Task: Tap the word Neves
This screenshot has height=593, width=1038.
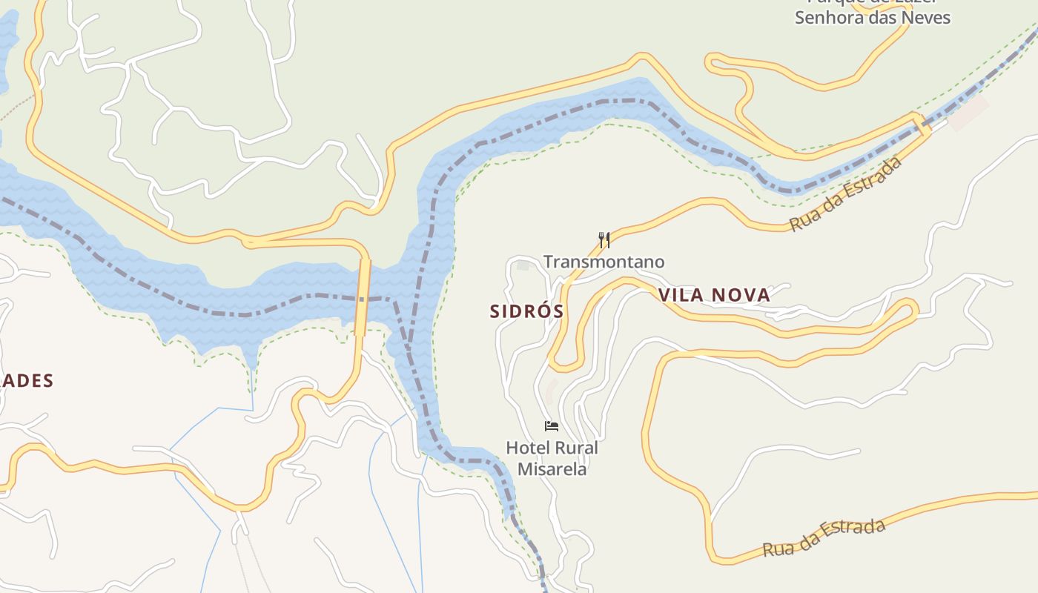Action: pos(927,17)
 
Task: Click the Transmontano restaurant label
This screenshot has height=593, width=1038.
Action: pos(604,262)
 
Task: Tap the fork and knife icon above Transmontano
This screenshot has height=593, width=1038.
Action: pos(604,239)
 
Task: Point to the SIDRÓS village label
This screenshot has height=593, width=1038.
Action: pos(526,311)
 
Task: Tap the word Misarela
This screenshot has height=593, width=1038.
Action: pos(552,469)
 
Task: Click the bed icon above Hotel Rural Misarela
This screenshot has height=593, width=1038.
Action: pos(552,425)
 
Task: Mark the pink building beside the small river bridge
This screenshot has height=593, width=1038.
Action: pos(968,113)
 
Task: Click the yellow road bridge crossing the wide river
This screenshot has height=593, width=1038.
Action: pos(363,296)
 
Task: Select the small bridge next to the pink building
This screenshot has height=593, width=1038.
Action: pos(922,125)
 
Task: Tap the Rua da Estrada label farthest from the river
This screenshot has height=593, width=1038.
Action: pos(824,538)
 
